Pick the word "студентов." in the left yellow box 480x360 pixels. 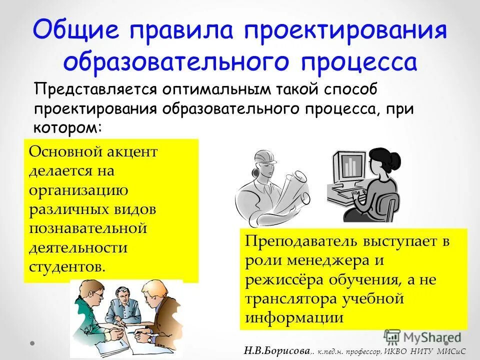pyautogui.click(x=67, y=265)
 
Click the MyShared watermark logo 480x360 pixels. pyautogui.click(x=422, y=336)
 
